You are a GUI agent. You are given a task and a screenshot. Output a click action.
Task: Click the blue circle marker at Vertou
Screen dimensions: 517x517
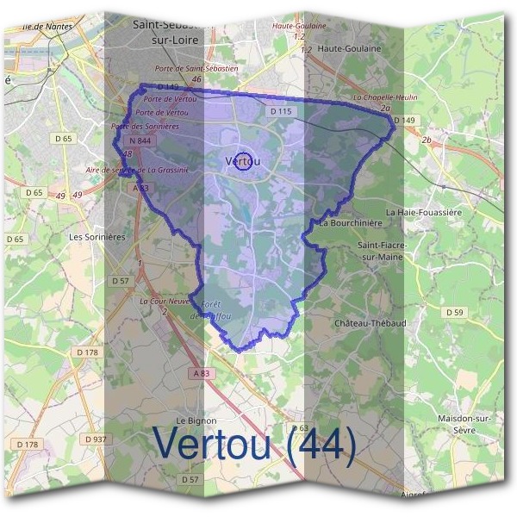pyautogui.click(x=244, y=161)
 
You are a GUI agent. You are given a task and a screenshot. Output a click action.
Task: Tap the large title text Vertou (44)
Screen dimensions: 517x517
pyautogui.click(x=254, y=444)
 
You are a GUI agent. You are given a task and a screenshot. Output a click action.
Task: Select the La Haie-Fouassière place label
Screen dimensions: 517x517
pyautogui.click(x=425, y=211)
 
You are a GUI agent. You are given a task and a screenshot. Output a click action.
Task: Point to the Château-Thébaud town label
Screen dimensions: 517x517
pyautogui.click(x=369, y=323)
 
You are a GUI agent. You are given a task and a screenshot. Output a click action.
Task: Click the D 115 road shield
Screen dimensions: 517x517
pyautogui.click(x=281, y=111)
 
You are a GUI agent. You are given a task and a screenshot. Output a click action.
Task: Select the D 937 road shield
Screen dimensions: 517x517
pyautogui.click(x=95, y=439)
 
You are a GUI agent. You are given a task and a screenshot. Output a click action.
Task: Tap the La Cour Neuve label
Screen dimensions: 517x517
pyautogui.click(x=164, y=302)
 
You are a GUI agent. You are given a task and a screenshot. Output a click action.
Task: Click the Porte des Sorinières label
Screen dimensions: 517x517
pyautogui.click(x=145, y=127)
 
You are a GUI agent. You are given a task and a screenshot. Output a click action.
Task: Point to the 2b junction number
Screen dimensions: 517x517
pyautogui.click(x=426, y=139)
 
